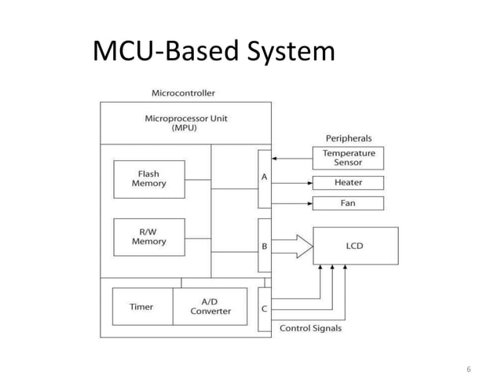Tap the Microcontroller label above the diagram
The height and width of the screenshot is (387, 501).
click(x=182, y=93)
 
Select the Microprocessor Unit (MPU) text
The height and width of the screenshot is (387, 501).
click(x=185, y=123)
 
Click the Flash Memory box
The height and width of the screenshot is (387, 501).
click(x=148, y=178)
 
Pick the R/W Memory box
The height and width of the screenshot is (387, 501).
click(x=148, y=236)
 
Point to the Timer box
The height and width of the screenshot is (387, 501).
click(x=141, y=306)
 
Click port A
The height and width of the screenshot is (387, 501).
click(x=264, y=177)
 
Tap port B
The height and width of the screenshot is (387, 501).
click(x=264, y=246)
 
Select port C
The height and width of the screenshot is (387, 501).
click(x=264, y=309)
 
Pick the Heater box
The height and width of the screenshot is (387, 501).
click(x=348, y=183)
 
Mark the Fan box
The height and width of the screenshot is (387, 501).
click(x=348, y=203)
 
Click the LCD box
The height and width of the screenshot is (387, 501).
click(x=355, y=246)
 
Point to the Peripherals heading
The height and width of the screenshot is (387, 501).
click(x=349, y=138)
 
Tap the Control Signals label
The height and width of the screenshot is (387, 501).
click(x=311, y=328)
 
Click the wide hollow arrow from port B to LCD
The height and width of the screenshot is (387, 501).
click(x=292, y=246)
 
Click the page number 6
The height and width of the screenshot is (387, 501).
click(x=469, y=369)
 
